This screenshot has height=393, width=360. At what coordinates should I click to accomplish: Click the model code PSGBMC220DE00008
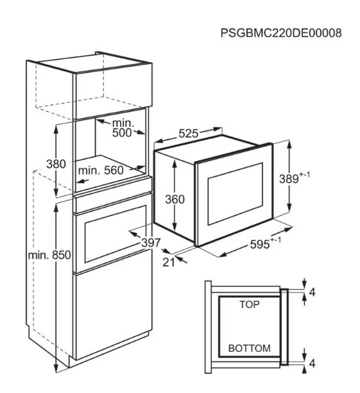click(x=281, y=33)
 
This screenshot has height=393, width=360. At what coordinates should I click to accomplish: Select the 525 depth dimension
click(x=189, y=134)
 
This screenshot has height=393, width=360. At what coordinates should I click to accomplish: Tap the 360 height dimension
click(x=175, y=199)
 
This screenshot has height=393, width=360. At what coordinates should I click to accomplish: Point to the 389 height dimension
click(x=295, y=179)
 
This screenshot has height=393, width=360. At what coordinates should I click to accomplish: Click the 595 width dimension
click(x=266, y=243)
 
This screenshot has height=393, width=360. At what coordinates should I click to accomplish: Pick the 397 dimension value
click(x=151, y=243)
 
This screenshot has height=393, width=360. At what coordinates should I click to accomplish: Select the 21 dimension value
click(x=169, y=262)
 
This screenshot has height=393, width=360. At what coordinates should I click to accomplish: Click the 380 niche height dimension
click(x=56, y=164)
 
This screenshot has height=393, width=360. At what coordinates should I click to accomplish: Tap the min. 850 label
click(x=49, y=255)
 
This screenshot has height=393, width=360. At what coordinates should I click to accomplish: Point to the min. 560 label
click(x=101, y=170)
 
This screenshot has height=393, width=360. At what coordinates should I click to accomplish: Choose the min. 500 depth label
click(x=122, y=128)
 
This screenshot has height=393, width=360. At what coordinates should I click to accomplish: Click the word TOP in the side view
click(x=249, y=304)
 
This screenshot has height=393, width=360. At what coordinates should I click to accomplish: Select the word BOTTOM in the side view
click(x=249, y=348)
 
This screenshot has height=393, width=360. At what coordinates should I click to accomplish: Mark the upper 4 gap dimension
click(x=312, y=292)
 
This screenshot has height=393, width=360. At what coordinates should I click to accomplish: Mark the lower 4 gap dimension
click(x=312, y=363)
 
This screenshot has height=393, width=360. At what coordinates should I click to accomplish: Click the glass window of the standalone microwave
click(x=235, y=193)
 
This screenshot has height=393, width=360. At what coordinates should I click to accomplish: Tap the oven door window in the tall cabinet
click(x=116, y=234)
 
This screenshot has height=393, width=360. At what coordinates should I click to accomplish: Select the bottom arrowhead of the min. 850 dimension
click(x=56, y=368)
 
